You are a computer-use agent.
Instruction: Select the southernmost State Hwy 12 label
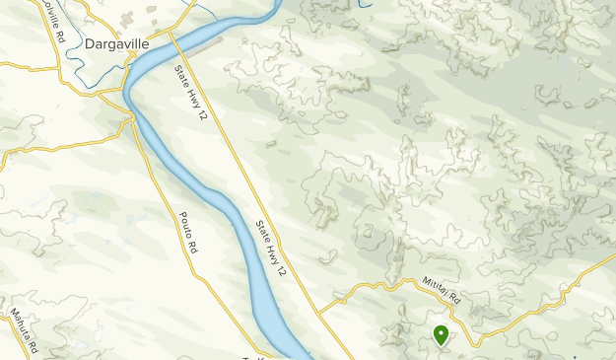[x=272, y=248]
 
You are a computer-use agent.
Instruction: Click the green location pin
[x=441, y=335]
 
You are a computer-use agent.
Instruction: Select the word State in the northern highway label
[x=180, y=75]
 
